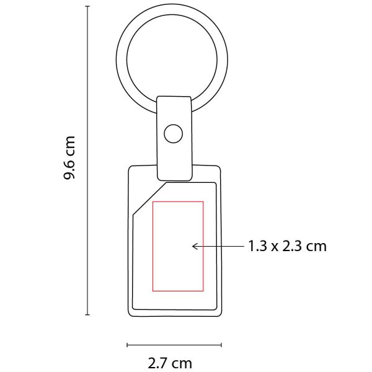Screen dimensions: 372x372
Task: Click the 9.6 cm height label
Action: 69,157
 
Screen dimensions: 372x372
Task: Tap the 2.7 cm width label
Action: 170,363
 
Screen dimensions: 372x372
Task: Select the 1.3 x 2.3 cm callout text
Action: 287,246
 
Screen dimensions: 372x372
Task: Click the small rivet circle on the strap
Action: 173,133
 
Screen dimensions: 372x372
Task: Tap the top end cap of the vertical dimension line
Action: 87,6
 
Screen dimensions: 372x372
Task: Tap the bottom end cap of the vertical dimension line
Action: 87,315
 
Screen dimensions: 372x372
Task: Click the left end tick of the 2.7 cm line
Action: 127,345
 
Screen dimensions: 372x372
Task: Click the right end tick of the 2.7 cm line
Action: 221,345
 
